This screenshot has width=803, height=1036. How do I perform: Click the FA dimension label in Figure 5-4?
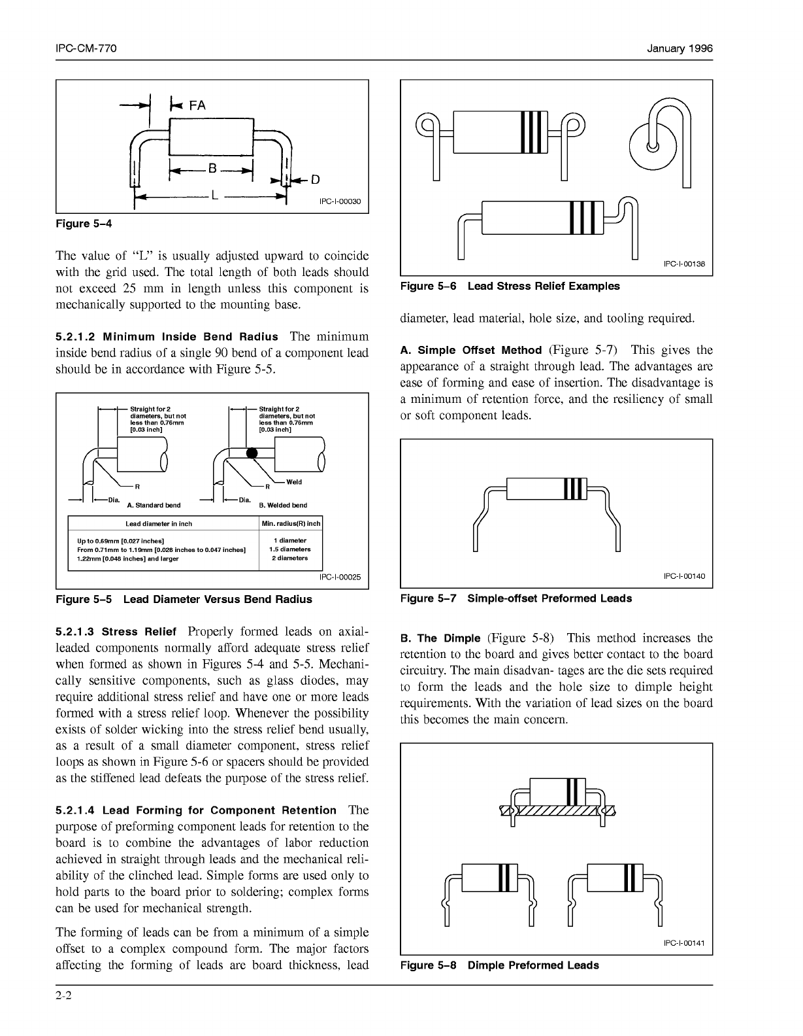pyautogui.click(x=197, y=105)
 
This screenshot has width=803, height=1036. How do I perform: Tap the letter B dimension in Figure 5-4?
pyautogui.click(x=212, y=168)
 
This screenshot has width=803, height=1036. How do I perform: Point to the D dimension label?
pyautogui.click(x=315, y=179)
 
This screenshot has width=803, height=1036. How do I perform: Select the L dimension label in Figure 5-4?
pyautogui.click(x=214, y=194)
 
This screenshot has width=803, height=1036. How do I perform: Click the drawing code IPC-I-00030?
pyautogui.click(x=340, y=201)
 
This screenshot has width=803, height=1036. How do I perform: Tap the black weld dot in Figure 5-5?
pyautogui.click(x=252, y=453)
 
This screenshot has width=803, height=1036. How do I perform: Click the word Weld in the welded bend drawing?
pyautogui.click(x=294, y=482)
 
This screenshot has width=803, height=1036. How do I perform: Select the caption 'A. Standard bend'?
pyautogui.click(x=154, y=506)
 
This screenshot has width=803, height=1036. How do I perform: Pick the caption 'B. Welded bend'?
pyautogui.click(x=283, y=506)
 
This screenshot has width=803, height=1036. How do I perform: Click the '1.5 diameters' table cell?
pyautogui.click(x=290, y=549)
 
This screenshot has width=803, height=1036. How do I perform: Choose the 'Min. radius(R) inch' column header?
pyautogui.click(x=291, y=524)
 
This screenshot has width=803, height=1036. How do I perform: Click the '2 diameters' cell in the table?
pyautogui.click(x=290, y=558)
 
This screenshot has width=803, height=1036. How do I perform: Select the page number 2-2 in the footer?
pyautogui.click(x=63, y=997)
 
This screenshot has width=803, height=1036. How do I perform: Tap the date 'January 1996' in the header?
pyautogui.click(x=680, y=49)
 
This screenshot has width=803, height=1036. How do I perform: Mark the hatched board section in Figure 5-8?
pyautogui.click(x=557, y=810)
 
